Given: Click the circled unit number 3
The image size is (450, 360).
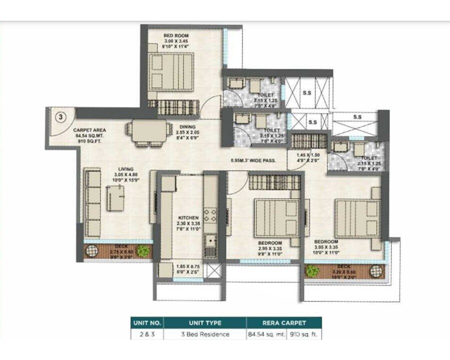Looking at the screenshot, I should click(x=60, y=118).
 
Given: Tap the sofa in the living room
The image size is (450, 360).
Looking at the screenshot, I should click(x=93, y=202).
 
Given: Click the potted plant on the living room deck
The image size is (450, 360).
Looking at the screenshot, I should click(x=143, y=251).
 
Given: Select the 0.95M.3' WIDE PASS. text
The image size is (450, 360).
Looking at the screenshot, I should click(x=255, y=161).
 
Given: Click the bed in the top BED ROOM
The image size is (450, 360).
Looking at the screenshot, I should click(x=171, y=71).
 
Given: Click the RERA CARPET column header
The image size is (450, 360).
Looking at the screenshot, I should click(x=283, y=323).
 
